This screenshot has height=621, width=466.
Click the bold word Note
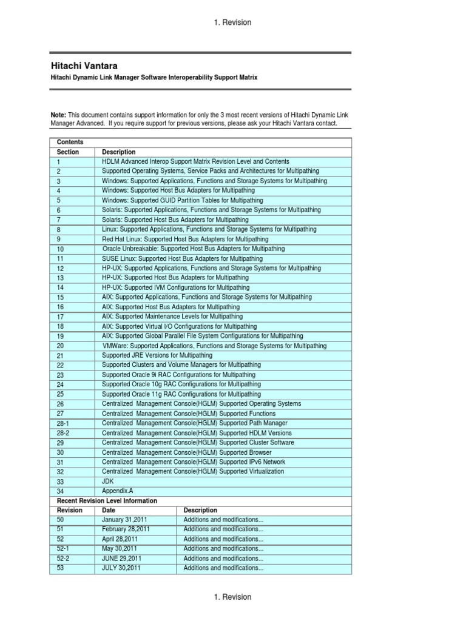(x=58, y=115)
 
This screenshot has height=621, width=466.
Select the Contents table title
(x=70, y=142)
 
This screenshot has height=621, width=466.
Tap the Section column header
(x=68, y=152)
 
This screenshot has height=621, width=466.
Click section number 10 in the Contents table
(x=60, y=249)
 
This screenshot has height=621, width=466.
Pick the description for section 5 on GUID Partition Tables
(x=183, y=200)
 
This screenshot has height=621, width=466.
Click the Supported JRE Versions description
(x=157, y=355)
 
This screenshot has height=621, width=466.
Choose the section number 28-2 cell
(x=63, y=433)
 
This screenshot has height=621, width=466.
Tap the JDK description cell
(x=108, y=481)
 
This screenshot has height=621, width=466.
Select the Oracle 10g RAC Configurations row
(x=181, y=384)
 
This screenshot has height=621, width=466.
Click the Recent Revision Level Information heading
(x=107, y=501)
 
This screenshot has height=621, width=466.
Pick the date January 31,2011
(x=124, y=520)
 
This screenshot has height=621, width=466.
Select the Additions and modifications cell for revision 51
(x=223, y=529)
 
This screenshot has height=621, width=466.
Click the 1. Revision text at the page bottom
(x=232, y=597)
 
